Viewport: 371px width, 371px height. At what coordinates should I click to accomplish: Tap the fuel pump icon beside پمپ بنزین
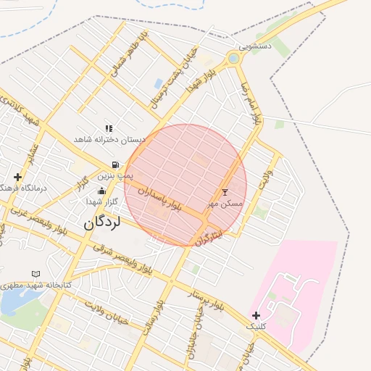point(116,164)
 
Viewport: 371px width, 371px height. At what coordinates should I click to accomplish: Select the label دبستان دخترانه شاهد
point(110,138)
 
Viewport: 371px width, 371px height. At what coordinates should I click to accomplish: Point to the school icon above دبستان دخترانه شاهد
point(109,128)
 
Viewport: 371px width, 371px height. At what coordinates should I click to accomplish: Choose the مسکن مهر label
point(224,204)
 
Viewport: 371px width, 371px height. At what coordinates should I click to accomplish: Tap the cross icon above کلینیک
point(256,315)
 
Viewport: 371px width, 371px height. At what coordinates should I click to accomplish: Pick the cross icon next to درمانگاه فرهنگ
point(17,176)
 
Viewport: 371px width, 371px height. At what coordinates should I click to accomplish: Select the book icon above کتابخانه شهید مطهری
point(36,274)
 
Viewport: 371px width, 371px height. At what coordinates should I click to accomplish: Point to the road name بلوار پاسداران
point(158,200)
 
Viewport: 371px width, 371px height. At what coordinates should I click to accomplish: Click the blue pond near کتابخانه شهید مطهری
point(12,302)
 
